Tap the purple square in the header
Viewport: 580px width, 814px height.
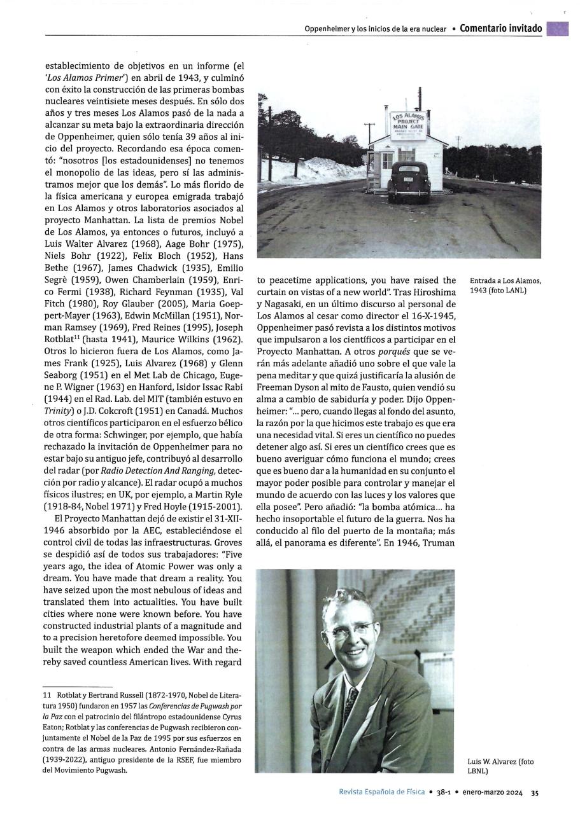click(557, 29)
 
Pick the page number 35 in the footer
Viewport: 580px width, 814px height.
click(535, 793)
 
